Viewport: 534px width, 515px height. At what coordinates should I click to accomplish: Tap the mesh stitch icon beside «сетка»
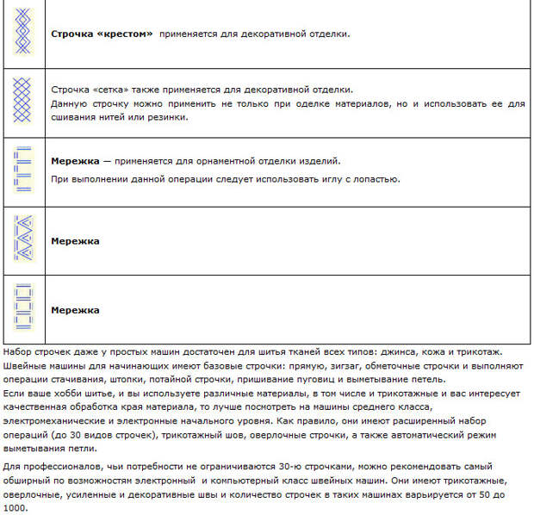[x=23, y=102]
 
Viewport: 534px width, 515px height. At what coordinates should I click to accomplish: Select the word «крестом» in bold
[x=126, y=34]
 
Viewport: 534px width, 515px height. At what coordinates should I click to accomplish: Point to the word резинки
[x=166, y=117]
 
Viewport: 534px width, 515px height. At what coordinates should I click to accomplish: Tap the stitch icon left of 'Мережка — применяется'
[x=23, y=171]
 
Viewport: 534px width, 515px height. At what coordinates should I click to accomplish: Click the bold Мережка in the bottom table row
[x=76, y=310]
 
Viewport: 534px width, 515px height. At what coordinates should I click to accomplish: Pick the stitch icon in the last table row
[x=23, y=310]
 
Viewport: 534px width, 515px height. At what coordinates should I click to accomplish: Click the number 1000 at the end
[x=16, y=507]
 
